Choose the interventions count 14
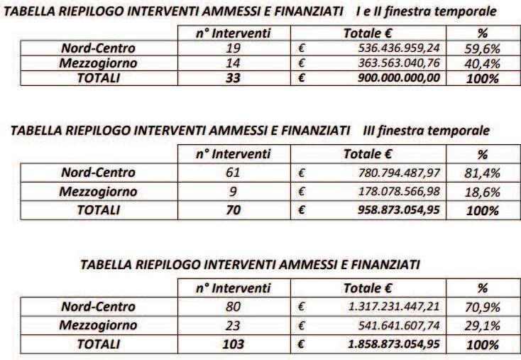(x=233, y=64)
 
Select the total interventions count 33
(x=233, y=78)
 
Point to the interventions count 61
(x=233, y=173)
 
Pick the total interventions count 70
(x=233, y=210)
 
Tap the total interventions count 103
(x=233, y=344)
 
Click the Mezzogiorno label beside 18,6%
(x=98, y=192)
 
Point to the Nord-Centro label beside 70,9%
(x=98, y=307)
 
